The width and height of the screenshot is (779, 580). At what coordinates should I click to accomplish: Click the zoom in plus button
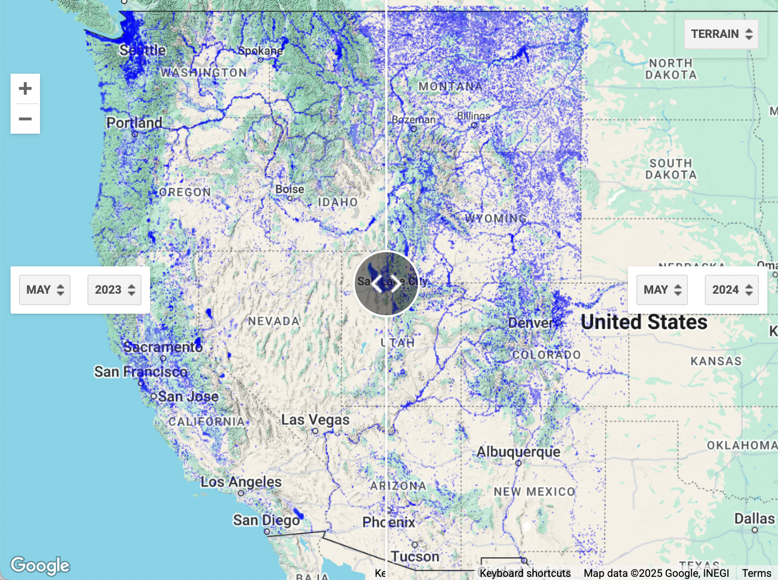25,88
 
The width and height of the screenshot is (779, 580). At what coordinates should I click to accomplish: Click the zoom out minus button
25,119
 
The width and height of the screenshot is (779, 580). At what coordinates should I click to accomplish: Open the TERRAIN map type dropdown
721,34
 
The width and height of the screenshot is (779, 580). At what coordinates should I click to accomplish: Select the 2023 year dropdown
114,290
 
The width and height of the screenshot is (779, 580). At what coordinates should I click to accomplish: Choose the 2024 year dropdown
732,290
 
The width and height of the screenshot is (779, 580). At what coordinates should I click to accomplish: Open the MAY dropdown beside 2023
45,290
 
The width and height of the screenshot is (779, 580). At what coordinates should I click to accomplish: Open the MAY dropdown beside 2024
662,290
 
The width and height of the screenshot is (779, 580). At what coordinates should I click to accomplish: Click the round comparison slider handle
386,284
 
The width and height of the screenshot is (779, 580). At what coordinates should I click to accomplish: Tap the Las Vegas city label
315,420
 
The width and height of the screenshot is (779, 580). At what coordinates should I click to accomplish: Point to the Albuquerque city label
518,452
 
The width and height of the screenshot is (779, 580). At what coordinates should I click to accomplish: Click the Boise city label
289,189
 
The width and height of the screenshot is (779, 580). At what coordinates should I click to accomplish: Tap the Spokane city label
261,51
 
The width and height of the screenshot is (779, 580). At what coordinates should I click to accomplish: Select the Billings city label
473,116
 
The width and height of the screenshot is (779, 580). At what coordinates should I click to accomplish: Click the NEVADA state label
274,321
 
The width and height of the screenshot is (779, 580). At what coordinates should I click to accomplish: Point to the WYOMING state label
496,218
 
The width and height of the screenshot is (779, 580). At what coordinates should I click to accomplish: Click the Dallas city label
754,519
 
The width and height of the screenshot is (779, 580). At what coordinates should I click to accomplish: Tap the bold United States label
644,322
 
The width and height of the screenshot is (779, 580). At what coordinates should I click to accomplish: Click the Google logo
40,565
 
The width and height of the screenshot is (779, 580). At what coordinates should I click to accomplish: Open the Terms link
756,573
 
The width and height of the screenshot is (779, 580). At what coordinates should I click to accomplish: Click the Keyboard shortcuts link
525,573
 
